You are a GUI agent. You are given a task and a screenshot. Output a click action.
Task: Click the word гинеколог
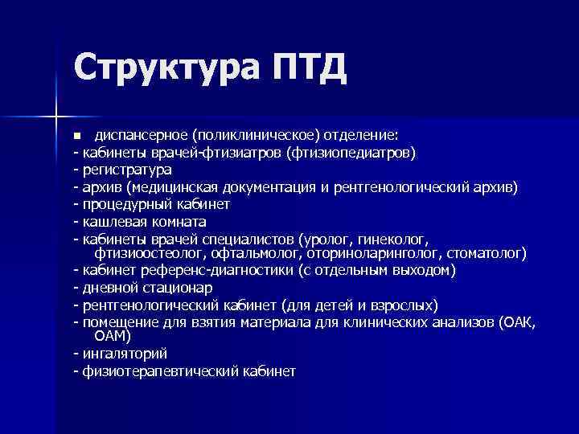395,240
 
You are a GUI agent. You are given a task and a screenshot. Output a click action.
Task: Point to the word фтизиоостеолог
145,253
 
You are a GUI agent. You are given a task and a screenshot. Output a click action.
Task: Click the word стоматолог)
487,253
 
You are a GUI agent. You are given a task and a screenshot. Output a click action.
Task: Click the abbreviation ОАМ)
113,336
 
